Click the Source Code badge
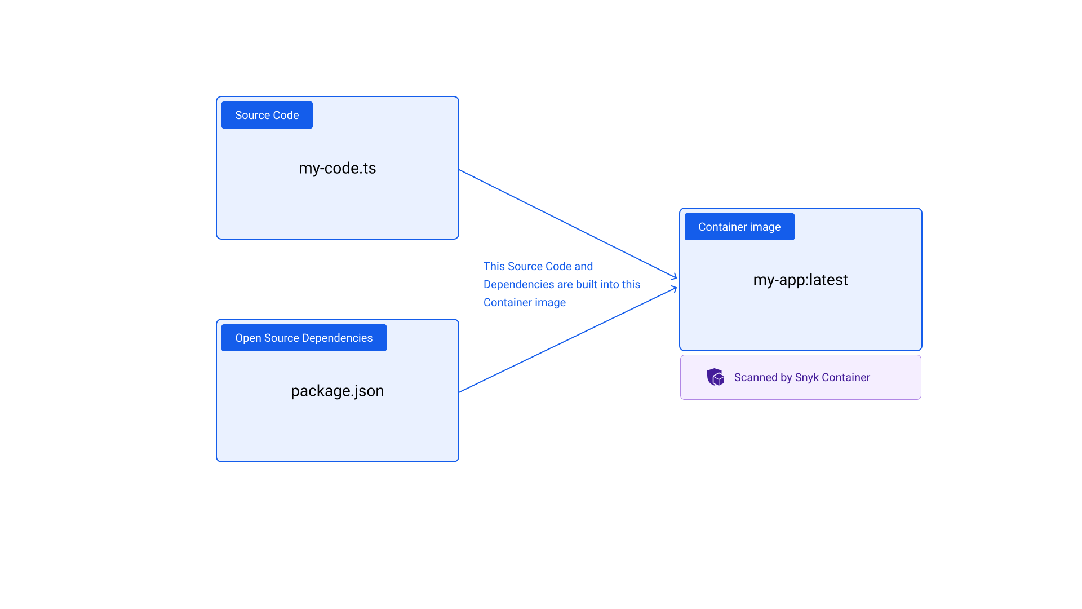coord(267,115)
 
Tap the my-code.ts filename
coord(337,168)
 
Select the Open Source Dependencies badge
coord(304,338)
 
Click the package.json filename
coord(337,391)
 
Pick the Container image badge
coord(739,227)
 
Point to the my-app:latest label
coord(800,280)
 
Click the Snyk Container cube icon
coord(716,377)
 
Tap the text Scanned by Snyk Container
coord(802,377)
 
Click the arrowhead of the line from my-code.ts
coord(675,276)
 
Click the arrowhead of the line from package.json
coord(675,288)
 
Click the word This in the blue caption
coord(494,266)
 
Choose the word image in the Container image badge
coord(765,227)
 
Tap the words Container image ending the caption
coord(524,302)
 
